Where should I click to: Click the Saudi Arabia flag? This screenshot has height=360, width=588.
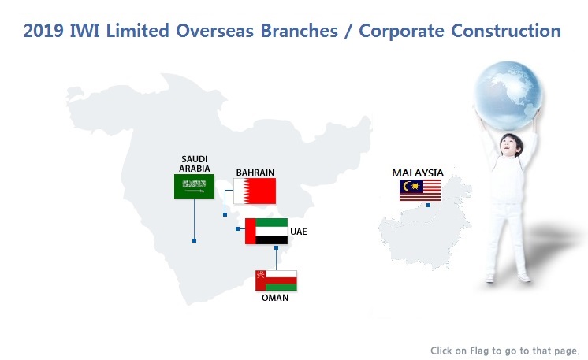pyautogui.click(x=194, y=186)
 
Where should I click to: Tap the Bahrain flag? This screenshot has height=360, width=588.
pyautogui.click(x=255, y=191)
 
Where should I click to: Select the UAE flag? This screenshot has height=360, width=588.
pyautogui.click(x=266, y=231)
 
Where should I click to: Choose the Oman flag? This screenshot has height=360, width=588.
pyautogui.click(x=276, y=280)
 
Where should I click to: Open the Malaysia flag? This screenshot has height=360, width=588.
pyautogui.click(x=420, y=191)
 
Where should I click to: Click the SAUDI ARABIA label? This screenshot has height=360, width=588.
pyautogui.click(x=194, y=164)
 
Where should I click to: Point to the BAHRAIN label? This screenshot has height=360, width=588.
pyautogui.click(x=255, y=173)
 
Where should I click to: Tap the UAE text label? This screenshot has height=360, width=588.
pyautogui.click(x=299, y=232)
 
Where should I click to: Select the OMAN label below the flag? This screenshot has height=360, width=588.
pyautogui.click(x=275, y=298)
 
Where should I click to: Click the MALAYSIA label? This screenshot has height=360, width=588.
pyautogui.click(x=418, y=173)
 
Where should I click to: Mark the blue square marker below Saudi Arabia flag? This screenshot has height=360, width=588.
pyautogui.click(x=194, y=240)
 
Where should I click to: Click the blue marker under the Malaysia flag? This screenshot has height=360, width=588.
pyautogui.click(x=428, y=206)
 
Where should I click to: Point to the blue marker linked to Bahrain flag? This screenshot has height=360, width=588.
pyautogui.click(x=225, y=214)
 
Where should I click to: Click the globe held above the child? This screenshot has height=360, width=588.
pyautogui.click(x=508, y=95)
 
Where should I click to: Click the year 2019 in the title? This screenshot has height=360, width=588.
pyautogui.click(x=43, y=31)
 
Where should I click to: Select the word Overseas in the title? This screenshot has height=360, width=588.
pyautogui.click(x=214, y=31)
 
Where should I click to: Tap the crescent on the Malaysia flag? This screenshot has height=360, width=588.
pyautogui.click(x=407, y=186)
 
